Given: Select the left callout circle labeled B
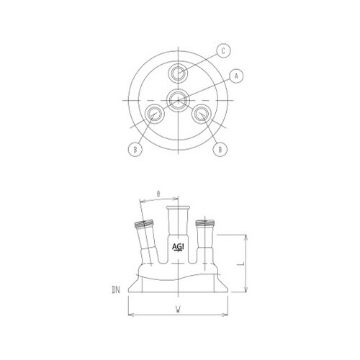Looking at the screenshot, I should click(132, 150).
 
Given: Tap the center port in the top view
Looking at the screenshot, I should click(177, 99).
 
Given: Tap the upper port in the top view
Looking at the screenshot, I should click(177, 73).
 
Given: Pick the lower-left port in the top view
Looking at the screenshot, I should click(154, 114).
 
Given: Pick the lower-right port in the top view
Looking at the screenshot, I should click(202, 114).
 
